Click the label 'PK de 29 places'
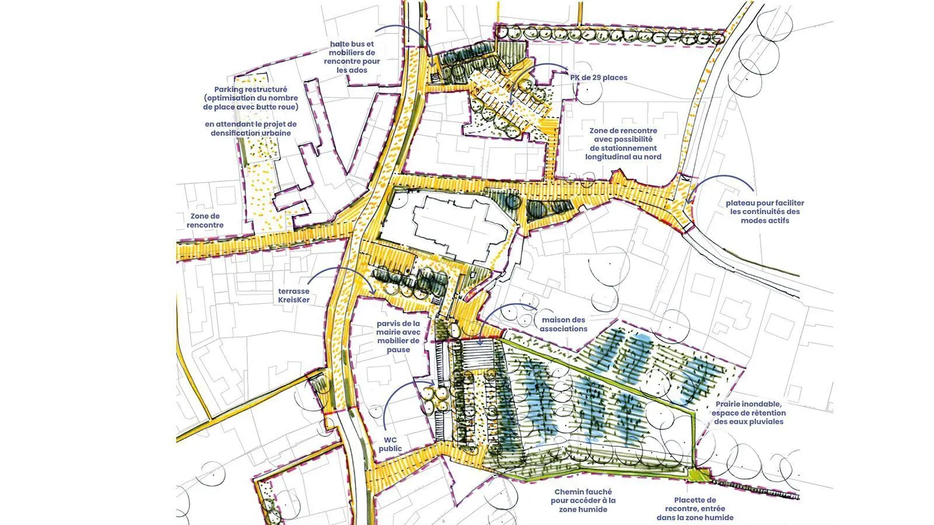tap(598, 78)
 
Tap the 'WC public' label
tap(390, 444)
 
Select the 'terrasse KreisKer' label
tap(294, 296)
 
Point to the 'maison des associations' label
tap(563, 324)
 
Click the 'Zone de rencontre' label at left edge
tap(205, 220)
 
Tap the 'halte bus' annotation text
tap(352, 44)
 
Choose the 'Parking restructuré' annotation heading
tap(250, 90)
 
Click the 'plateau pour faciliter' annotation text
tap(765, 203)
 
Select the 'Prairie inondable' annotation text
tap(748, 404)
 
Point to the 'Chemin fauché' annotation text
tap(583, 492)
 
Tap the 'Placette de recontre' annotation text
tap(695, 500)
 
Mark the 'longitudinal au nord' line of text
tap(623, 157)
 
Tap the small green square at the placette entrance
tap(698, 475)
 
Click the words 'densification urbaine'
tap(250, 133)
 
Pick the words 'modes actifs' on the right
tap(765, 220)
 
